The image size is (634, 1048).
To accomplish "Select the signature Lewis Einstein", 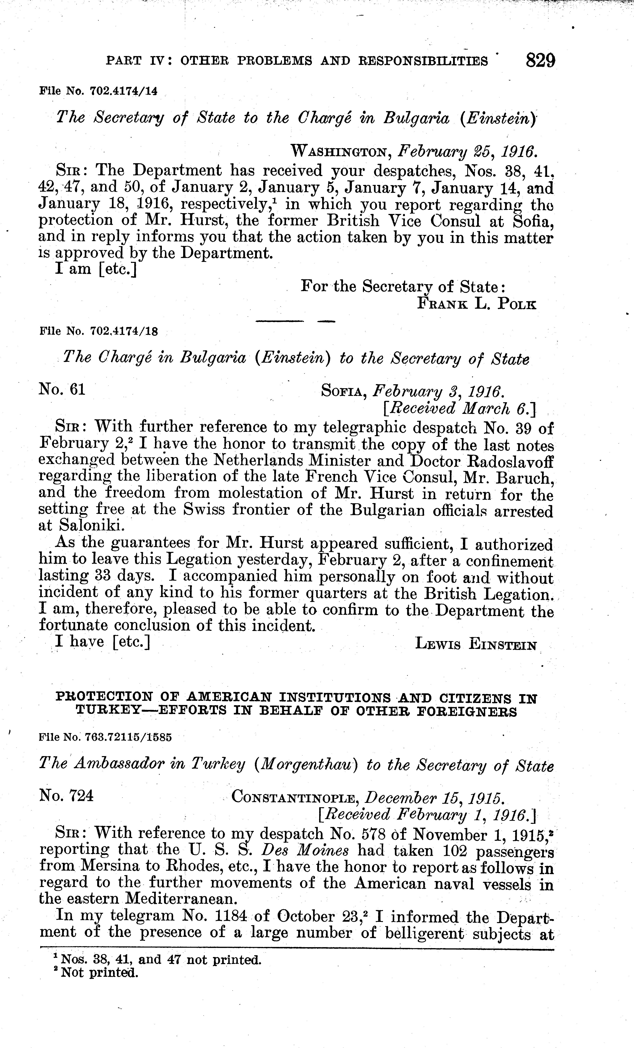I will [476, 644].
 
